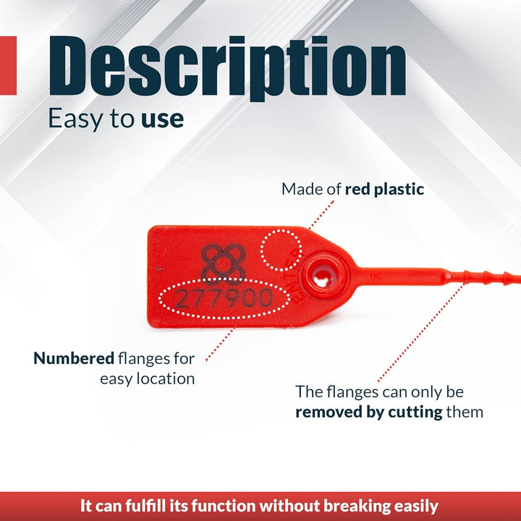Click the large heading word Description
tap(227, 67)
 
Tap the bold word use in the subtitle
tap(162, 119)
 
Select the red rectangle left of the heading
tap(8, 65)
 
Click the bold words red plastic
tap(384, 189)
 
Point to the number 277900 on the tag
tap(224, 297)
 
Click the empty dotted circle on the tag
tap(281, 250)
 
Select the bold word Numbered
tap(74, 358)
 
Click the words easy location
tap(148, 378)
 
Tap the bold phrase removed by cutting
tap(369, 412)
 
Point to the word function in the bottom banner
tap(224, 506)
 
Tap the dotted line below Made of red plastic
tap(321, 215)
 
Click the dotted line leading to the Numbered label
tap(220, 344)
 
